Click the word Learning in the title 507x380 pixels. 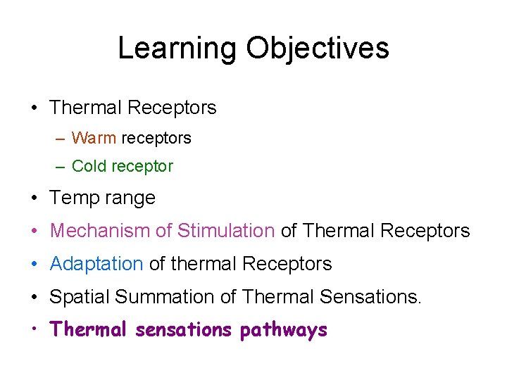[x=177, y=49]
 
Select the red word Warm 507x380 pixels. [x=94, y=138]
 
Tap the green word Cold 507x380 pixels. [x=89, y=167]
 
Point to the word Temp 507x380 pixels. [x=73, y=198]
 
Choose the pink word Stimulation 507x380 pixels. [x=225, y=231]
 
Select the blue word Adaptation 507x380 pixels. [x=96, y=264]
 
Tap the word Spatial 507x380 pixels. [x=80, y=298]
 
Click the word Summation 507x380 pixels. [x=165, y=297]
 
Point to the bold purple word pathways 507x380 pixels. [x=283, y=330]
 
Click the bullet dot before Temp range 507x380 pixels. [x=35, y=198]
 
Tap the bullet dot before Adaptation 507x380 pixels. [x=35, y=264]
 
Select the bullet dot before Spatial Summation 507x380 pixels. [x=35, y=297]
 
